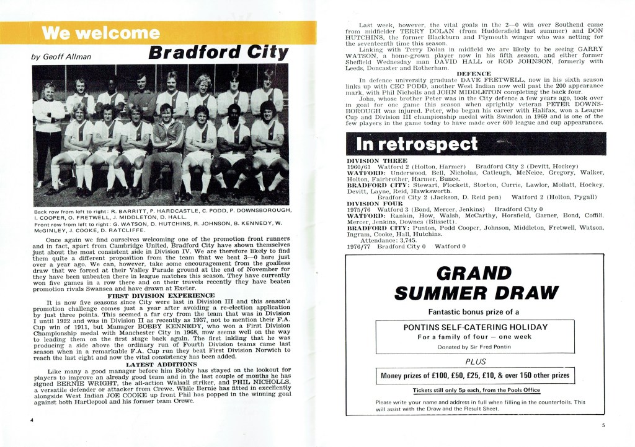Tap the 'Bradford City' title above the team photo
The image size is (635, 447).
point(219,54)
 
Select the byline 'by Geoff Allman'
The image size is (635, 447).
point(61,57)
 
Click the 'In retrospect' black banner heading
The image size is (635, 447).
point(417,144)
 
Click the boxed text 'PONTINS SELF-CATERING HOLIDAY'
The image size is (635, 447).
point(476,327)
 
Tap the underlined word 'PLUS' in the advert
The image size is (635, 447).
point(476,362)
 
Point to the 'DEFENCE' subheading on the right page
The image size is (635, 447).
point(475,74)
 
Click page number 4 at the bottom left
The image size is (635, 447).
point(31,420)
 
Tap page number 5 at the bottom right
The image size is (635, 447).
point(602,425)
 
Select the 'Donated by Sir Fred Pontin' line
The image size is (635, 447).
point(476,347)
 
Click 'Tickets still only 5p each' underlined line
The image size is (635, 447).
point(476,391)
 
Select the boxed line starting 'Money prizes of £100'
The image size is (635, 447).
point(476,375)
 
